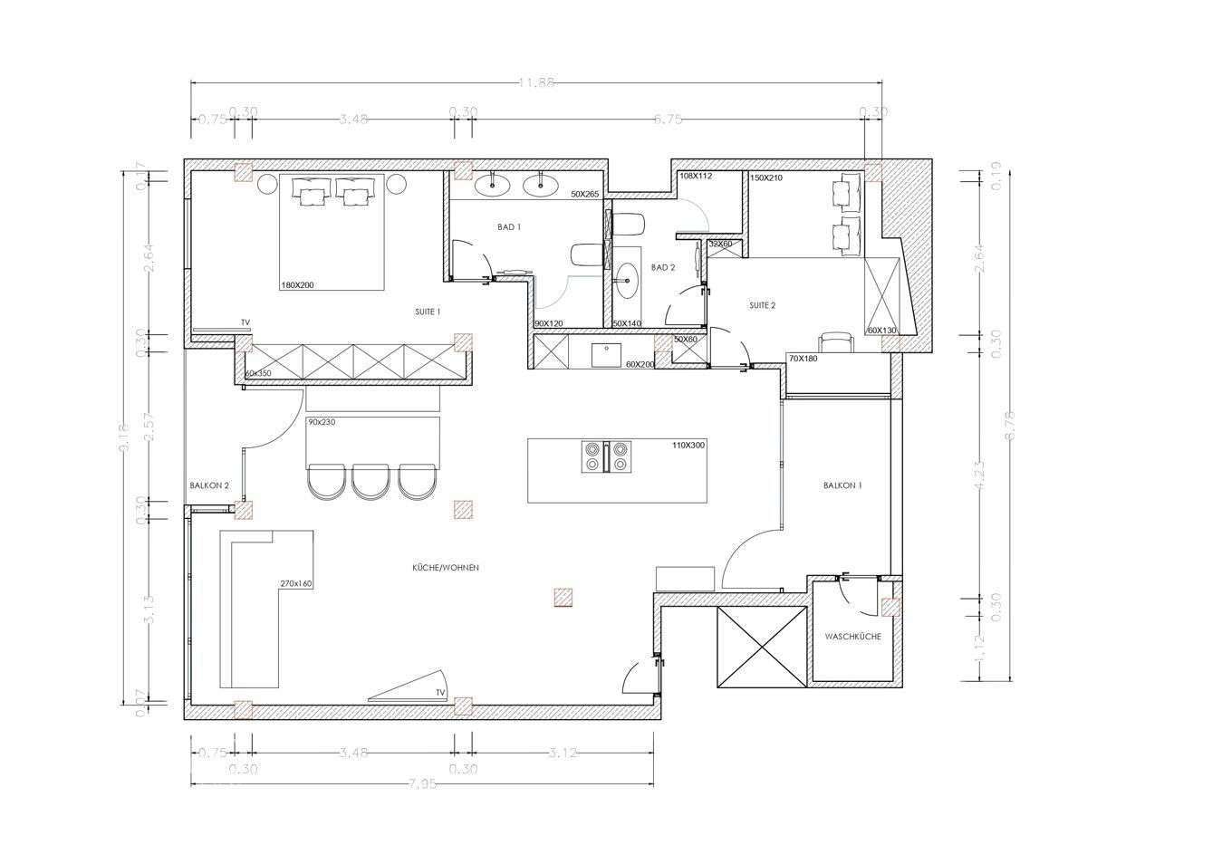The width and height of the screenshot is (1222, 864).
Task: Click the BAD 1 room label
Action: (509, 227)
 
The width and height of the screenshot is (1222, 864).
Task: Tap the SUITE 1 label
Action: (428, 312)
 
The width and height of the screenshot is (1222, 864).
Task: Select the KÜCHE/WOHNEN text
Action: (445, 568)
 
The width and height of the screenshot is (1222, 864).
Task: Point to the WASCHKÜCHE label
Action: (852, 637)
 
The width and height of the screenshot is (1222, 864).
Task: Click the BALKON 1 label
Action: (842, 485)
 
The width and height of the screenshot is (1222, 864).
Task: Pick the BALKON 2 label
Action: (209, 485)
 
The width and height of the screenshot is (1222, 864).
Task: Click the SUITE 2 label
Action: (762, 305)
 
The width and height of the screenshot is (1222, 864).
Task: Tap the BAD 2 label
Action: (663, 267)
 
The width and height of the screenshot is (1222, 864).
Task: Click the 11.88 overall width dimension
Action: (536, 83)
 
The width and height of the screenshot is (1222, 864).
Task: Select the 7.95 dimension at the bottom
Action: (422, 784)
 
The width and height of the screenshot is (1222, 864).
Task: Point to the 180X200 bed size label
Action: (297, 285)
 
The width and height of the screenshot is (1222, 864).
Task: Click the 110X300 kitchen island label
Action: (688, 446)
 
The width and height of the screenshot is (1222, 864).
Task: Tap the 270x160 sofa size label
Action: (296, 583)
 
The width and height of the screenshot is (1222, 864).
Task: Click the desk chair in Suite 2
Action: (836, 341)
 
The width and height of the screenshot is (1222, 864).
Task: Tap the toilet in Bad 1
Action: (585, 255)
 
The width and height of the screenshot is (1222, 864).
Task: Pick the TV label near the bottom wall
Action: (440, 693)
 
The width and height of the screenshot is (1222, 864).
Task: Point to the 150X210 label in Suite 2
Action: (766, 178)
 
